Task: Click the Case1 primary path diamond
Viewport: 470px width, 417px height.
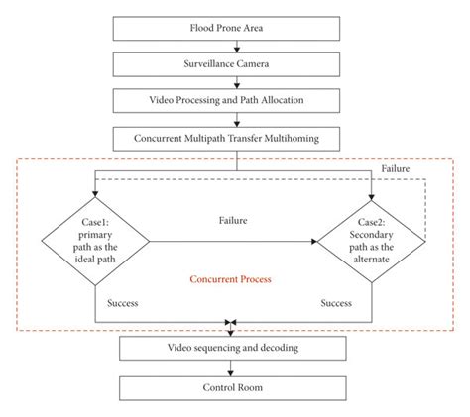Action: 94,239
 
